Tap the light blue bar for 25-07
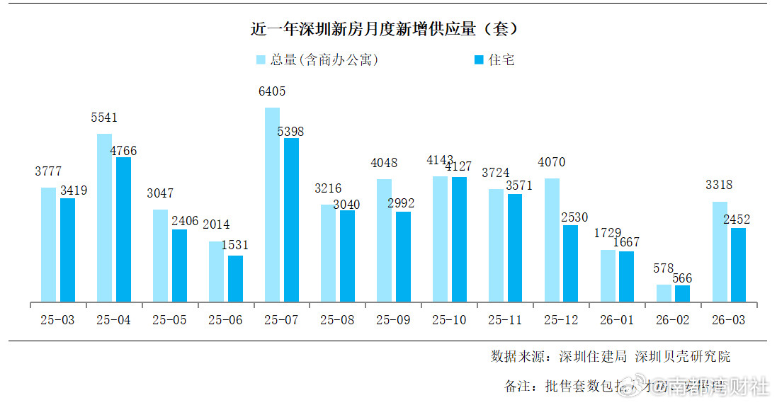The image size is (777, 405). click(272, 205)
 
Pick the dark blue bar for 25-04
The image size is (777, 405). click(123, 229)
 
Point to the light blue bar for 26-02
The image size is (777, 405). click(664, 293)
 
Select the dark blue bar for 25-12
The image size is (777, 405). click(570, 263)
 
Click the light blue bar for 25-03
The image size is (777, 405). click(48, 244)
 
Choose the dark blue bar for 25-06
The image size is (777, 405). click(235, 278)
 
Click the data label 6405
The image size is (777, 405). click(272, 91)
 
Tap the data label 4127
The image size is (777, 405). click(459, 166)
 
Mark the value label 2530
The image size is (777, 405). click(574, 217)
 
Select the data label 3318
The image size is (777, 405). click(719, 186)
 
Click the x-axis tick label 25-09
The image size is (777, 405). click(393, 320)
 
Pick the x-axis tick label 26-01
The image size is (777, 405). click(617, 320)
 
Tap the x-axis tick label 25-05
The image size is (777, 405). click(169, 320)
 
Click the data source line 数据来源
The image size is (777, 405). click(610, 356)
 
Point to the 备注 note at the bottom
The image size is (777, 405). click(623, 387)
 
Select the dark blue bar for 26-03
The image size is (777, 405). click(738, 265)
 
